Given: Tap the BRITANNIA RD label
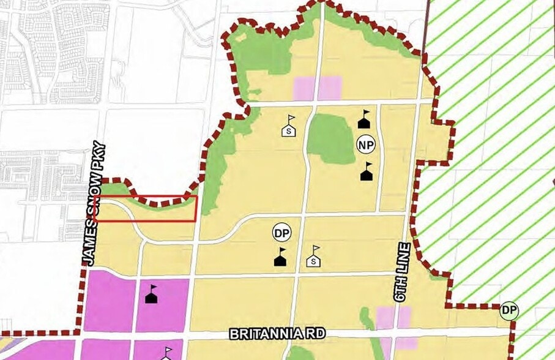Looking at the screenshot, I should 277,334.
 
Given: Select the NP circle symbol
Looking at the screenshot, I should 365,144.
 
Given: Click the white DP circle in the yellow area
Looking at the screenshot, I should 281,233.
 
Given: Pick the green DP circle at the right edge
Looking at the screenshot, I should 509,310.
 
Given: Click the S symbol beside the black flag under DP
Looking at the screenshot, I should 314,257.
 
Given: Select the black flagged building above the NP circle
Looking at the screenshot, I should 365,119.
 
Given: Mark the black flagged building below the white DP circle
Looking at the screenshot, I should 281,257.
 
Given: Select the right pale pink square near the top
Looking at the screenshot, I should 330,88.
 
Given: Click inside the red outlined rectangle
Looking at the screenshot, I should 147,209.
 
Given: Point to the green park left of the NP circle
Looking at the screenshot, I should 330,137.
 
